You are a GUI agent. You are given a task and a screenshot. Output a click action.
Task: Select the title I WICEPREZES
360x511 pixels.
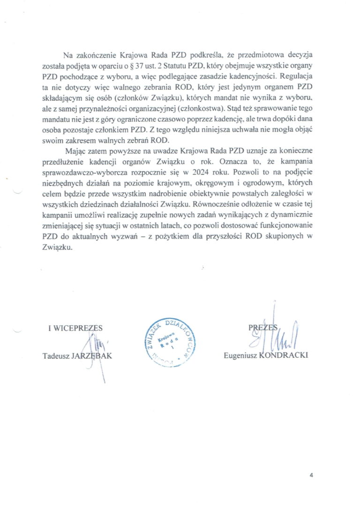click(75, 328)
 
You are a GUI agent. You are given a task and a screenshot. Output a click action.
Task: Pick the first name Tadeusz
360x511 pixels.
click(55, 355)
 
